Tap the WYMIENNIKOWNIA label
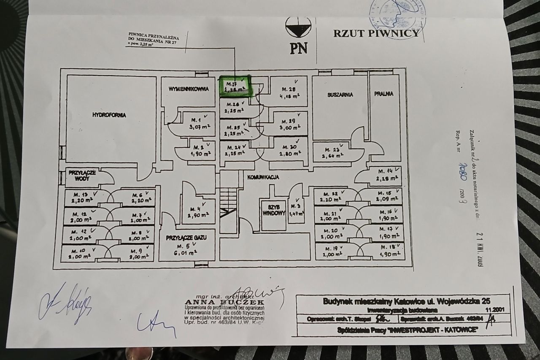pos(189,89)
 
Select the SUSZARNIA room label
pos(340,95)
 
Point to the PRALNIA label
pos(383,94)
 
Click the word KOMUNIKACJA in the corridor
pos(263,178)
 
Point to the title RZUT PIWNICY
pos(376,33)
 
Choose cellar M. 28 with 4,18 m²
pos(289,92)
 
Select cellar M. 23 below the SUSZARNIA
pos(333,152)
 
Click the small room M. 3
pos(297,210)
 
